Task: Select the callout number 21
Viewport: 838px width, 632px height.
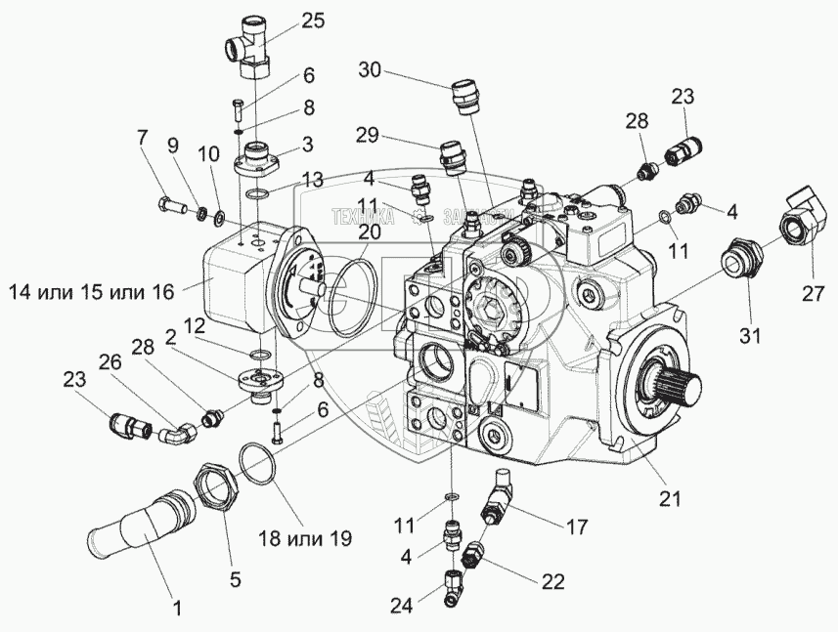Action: [669, 499]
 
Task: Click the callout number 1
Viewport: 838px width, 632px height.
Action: [177, 611]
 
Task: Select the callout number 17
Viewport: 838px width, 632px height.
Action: [577, 527]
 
